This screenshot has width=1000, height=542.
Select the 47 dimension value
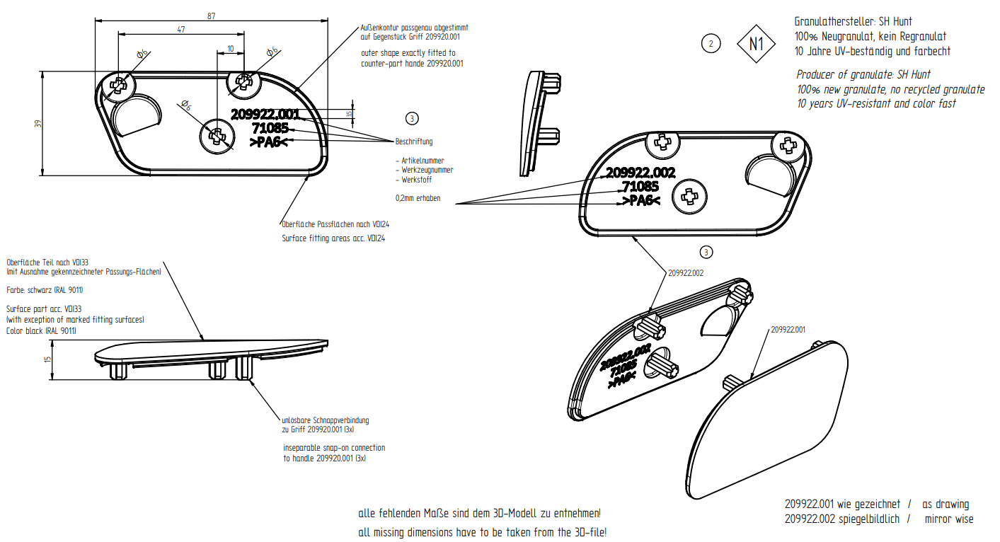coord(181,29)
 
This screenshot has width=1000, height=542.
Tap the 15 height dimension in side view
coord(47,359)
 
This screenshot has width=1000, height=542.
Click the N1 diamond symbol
coord(757,44)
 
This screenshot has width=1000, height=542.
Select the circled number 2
coord(711,44)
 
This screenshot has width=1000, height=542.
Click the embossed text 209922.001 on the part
coord(265,114)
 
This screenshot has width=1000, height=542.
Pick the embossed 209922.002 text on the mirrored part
coord(640,172)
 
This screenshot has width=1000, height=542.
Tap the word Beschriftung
coord(414,142)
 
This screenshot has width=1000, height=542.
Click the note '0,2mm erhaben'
coord(418,198)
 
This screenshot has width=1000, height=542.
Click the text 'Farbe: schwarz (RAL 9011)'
coord(45,290)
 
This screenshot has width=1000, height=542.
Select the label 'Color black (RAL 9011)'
coord(41,330)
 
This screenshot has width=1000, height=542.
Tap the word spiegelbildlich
coord(869,519)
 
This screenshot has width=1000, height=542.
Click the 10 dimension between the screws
coord(231,48)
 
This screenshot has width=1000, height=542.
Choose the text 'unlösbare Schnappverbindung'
coord(325,420)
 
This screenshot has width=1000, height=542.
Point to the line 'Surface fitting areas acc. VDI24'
coord(333,238)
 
